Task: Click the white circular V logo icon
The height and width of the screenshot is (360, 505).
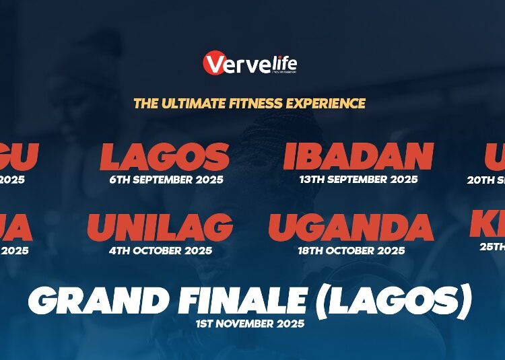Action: point(214,64)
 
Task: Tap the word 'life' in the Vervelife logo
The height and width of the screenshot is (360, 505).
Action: point(283,65)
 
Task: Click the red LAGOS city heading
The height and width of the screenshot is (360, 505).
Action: point(165,157)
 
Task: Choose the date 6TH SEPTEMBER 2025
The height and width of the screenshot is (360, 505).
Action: point(166,180)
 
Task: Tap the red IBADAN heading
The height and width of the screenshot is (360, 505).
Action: point(358,157)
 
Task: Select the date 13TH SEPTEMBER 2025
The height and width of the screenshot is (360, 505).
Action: point(358,180)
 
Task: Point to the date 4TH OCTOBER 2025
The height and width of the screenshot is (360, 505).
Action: point(160,251)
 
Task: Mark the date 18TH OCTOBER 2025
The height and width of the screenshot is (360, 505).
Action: point(351,251)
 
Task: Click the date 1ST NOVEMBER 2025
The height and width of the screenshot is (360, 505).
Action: point(250,324)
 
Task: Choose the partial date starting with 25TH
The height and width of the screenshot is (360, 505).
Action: point(492,247)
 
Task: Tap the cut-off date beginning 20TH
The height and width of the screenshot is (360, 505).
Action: point(485,180)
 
